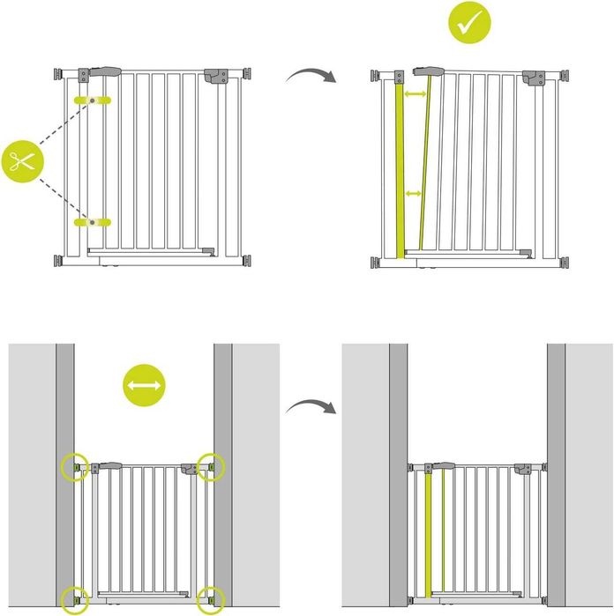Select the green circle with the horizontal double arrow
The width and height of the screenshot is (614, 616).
click(x=144, y=386)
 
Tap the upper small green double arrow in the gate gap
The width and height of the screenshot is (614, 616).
click(x=415, y=93)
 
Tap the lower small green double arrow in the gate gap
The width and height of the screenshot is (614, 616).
click(x=412, y=193)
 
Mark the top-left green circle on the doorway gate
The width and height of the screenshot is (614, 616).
click(x=74, y=467)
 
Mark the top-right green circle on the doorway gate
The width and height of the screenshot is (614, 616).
click(x=211, y=467)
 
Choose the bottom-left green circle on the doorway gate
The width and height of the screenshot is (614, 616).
click(x=74, y=599)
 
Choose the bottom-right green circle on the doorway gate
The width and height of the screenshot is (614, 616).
click(x=211, y=599)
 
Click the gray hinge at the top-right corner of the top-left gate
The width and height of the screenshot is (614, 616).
click(x=216, y=76)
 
